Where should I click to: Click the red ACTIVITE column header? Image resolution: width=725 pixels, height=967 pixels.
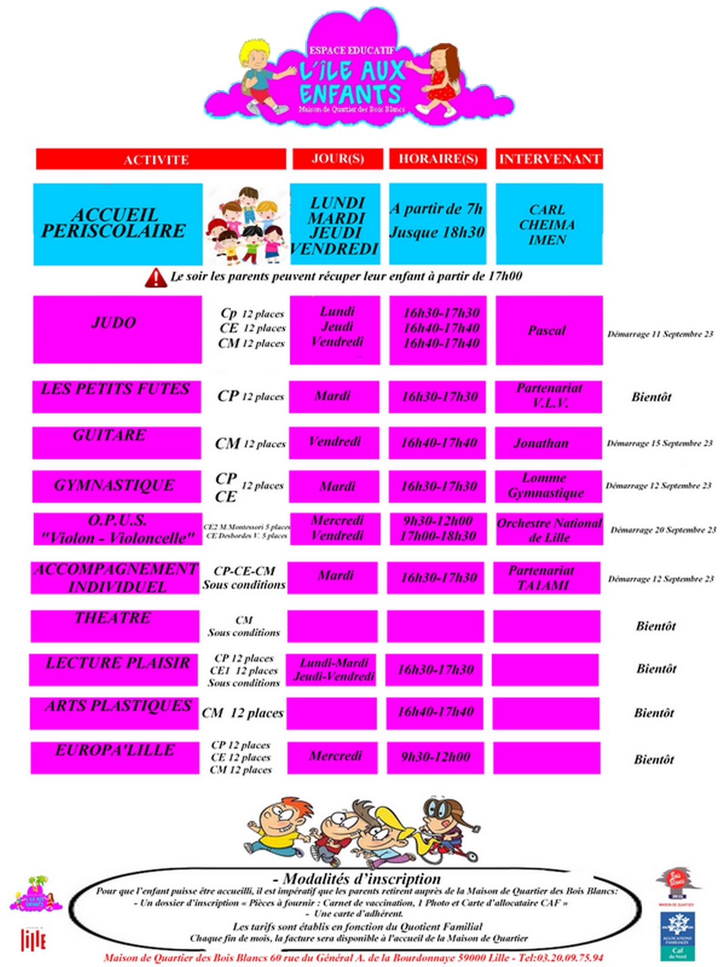click(160, 159)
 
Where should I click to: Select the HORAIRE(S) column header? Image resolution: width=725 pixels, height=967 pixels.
click(437, 158)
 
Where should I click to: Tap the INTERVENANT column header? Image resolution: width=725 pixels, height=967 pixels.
click(549, 158)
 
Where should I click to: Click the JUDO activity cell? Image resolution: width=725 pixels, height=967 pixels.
click(117, 329)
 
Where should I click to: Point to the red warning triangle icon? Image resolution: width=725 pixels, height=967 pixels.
click(155, 277)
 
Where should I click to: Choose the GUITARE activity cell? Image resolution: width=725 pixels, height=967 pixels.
click(116, 442)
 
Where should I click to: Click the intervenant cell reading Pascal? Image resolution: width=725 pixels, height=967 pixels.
click(549, 330)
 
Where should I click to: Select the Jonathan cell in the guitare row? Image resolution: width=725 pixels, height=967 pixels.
click(548, 442)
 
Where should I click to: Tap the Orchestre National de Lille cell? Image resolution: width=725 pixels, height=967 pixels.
click(549, 529)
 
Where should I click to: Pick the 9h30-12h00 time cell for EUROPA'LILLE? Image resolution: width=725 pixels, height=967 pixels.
click(435, 757)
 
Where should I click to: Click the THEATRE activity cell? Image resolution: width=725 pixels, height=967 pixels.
click(115, 626)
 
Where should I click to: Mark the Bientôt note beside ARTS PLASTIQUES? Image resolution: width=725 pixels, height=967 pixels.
click(654, 713)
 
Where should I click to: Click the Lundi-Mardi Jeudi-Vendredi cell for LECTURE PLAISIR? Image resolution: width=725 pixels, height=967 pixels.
click(334, 670)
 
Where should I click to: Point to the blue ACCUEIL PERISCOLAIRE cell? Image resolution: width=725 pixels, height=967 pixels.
click(117, 224)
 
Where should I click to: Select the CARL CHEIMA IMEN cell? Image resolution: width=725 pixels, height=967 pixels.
click(549, 224)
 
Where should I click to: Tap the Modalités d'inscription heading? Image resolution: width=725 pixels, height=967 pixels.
click(361, 879)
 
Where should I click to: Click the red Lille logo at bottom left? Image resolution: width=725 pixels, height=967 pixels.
click(33, 939)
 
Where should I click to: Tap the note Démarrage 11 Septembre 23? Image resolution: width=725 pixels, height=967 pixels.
click(660, 334)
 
